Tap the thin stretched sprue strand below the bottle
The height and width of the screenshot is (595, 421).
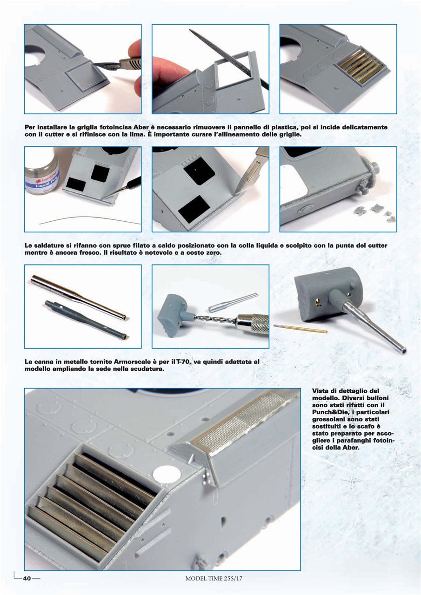click(90, 219)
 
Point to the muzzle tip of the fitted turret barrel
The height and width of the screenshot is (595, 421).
click(403, 351)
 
